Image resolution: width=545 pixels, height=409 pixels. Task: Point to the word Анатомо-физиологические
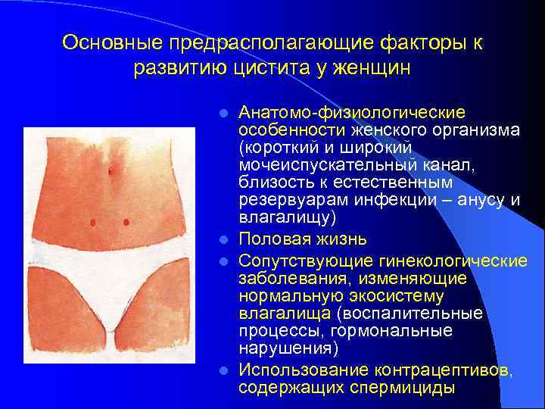353,113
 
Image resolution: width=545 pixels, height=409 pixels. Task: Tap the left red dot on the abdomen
92,222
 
